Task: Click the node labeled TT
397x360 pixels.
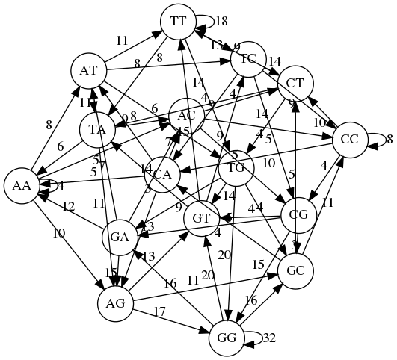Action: coord(178,22)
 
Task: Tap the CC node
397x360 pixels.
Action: coord(349,139)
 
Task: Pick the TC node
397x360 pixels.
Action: coord(248,58)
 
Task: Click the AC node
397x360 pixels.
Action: coord(187,116)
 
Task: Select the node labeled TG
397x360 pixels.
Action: coord(237,167)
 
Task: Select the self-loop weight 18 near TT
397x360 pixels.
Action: coord(221,22)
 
